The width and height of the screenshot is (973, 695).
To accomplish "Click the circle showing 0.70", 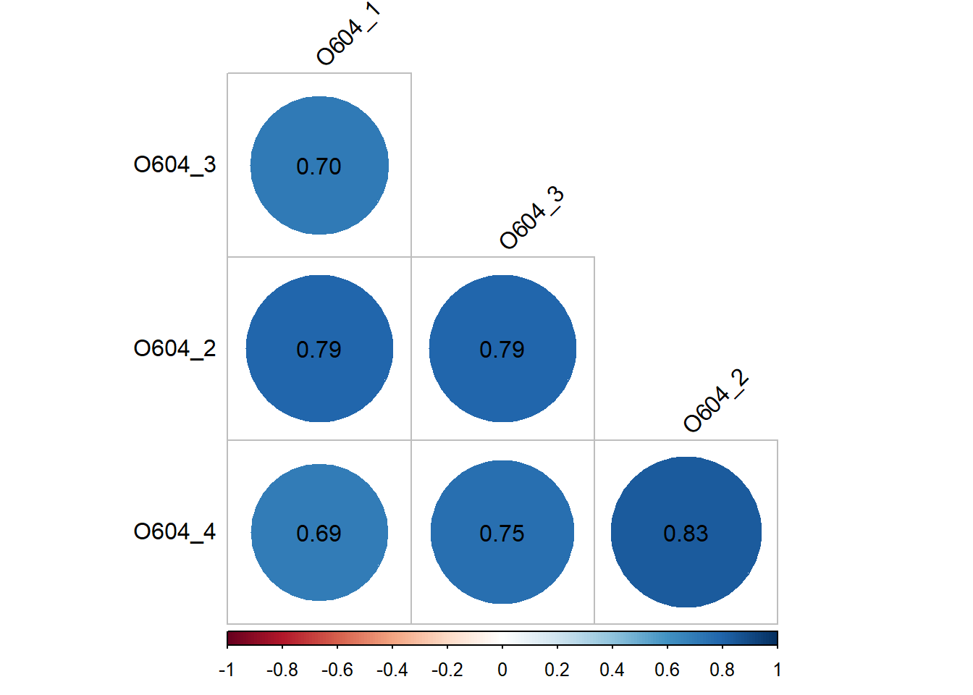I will tap(319, 166).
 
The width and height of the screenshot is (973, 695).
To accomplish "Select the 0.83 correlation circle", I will tap(686, 532).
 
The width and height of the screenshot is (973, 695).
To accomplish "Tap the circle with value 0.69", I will tap(319, 532).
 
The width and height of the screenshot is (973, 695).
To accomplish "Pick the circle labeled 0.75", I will tap(502, 532).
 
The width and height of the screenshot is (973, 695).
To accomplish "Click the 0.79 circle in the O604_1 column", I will tap(319, 349).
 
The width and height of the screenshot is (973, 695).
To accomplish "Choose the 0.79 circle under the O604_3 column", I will tap(502, 349).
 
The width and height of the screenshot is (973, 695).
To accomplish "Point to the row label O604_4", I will tap(174, 532).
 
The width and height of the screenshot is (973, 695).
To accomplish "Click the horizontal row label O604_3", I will tap(174, 165).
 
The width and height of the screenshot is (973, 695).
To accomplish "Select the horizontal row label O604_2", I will tap(174, 349).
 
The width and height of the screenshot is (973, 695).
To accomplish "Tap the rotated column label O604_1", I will tap(348, 34).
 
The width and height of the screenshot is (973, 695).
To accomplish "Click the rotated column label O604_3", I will tap(531, 217).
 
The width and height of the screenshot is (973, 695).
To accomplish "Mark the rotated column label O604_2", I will tap(715, 400).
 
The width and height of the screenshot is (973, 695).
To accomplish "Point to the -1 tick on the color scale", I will tap(227, 670).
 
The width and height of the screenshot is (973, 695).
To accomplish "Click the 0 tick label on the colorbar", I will tap(502, 670).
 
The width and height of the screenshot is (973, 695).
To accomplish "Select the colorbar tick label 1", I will tap(777, 670).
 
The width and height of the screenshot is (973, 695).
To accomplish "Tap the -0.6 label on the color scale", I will tap(337, 670).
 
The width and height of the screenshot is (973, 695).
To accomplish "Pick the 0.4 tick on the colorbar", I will tap(612, 670).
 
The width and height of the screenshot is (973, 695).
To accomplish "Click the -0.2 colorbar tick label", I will tap(447, 670).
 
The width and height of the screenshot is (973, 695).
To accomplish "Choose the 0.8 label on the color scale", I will tap(722, 670).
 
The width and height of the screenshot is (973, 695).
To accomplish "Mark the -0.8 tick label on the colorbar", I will tap(282, 670).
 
